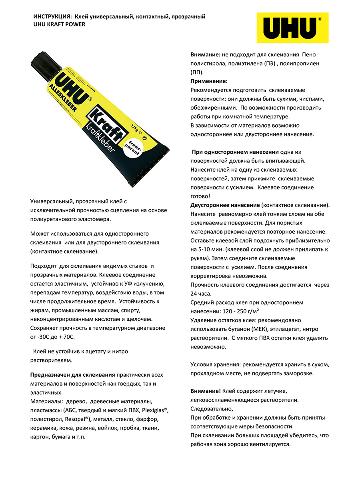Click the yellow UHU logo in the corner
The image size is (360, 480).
[x=292, y=27]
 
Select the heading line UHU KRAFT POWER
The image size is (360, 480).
[x=59, y=24]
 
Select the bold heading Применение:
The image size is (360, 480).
[x=209, y=81]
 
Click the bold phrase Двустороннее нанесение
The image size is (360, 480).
[x=225, y=205]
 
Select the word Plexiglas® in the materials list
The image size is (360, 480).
[x=154, y=410]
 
